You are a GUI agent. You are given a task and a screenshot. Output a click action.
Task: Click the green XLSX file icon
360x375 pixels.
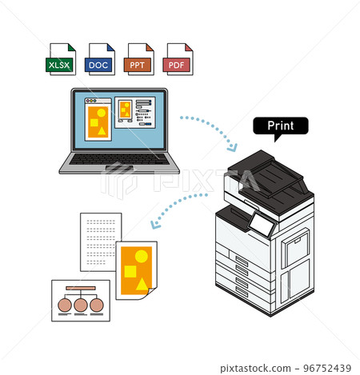coord(61,59)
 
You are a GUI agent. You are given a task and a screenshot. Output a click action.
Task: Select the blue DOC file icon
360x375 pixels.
coord(100,59)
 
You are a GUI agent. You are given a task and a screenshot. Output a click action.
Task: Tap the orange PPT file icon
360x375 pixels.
coord(139,59)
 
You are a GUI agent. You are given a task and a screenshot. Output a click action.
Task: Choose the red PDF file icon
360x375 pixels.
coord(178,59)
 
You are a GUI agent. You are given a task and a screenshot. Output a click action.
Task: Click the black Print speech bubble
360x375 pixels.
coord(281,126)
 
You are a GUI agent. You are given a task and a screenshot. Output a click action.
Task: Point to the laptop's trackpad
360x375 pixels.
coord(119,168)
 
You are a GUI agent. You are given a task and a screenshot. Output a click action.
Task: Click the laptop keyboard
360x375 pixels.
coord(119,159)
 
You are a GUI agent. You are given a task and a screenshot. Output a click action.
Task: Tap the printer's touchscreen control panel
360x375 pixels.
coord(262,224)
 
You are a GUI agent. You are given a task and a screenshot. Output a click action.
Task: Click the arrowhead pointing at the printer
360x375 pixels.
coord(232,148)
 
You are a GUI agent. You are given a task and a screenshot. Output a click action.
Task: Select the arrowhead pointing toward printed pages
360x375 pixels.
coord(154,225)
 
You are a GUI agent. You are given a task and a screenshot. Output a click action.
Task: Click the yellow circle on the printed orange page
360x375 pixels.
coord(142,256)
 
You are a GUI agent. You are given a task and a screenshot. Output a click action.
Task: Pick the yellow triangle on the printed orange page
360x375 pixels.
coord(142,284)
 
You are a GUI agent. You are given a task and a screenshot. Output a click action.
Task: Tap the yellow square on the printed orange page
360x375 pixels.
coord(130,272)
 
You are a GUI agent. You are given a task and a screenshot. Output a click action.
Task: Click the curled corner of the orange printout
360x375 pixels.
coord(150,293)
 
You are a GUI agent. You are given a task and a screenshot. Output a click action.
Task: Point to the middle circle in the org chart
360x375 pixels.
coord(81,305)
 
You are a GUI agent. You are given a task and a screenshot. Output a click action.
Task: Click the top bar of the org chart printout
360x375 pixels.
coord(81,288)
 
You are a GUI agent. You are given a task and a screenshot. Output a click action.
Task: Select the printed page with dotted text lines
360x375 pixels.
coord(101,242)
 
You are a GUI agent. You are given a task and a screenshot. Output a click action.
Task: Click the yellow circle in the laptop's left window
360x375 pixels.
coord(101,113)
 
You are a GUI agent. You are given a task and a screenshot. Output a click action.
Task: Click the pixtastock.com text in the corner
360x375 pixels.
coord(255,369)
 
